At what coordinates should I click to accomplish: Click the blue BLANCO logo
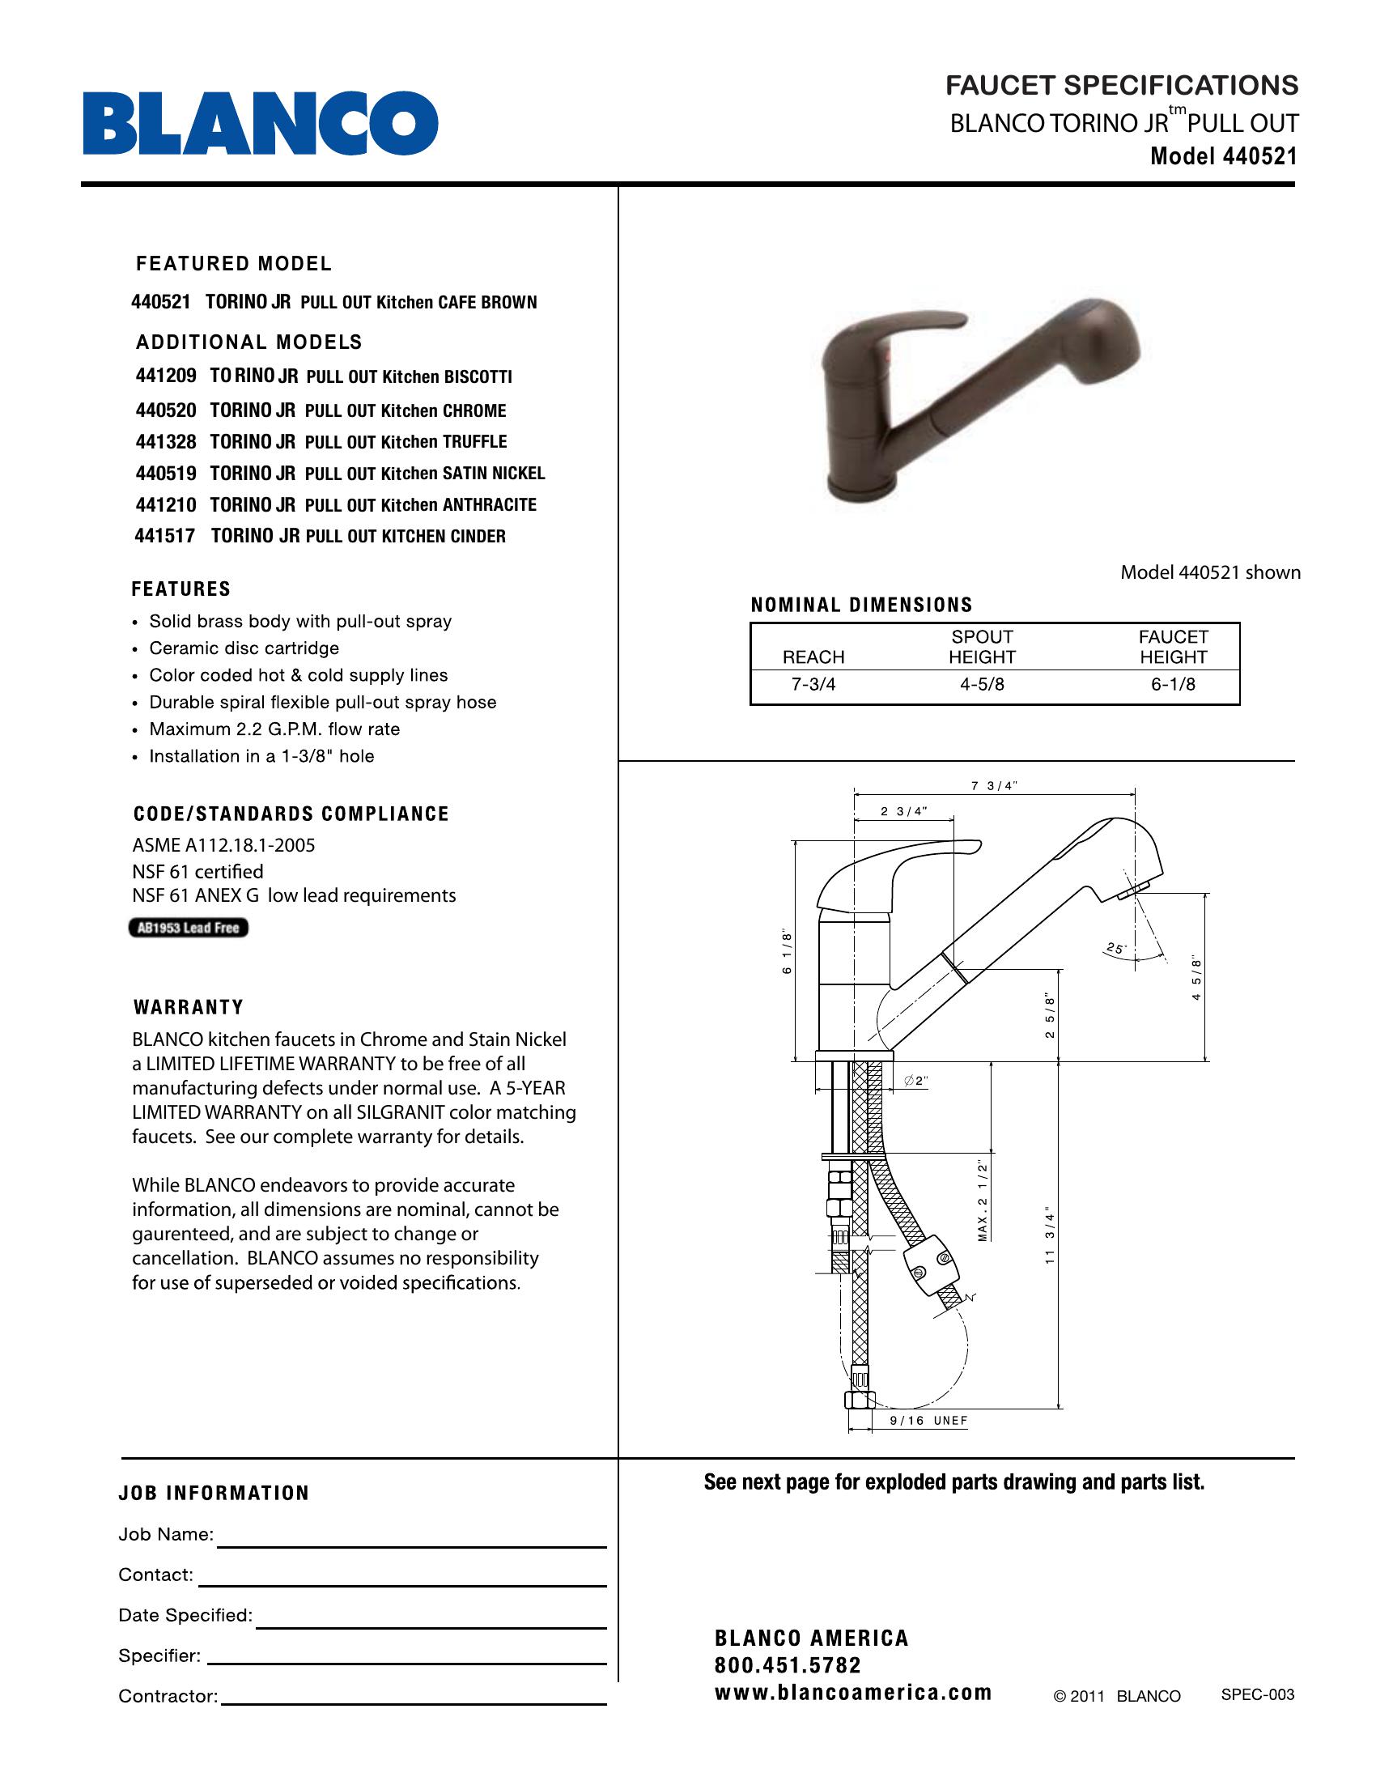click(260, 123)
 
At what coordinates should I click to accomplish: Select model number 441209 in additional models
click(166, 376)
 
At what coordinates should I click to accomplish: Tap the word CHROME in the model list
click(474, 411)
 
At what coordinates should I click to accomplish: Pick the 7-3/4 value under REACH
click(813, 684)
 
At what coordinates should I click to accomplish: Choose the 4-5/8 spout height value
click(982, 684)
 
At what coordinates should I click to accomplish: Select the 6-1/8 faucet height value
click(1173, 684)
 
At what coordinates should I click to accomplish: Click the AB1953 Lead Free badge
click(189, 928)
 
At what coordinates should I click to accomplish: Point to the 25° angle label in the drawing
click(1115, 949)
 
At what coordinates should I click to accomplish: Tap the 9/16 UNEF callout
click(928, 1421)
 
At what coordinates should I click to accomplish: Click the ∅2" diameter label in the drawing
click(917, 1082)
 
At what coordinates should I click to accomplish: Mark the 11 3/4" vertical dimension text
click(1050, 1235)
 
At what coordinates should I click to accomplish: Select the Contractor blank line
click(414, 1702)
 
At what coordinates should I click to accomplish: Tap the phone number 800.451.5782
click(788, 1665)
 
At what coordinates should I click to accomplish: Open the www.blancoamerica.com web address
click(852, 1693)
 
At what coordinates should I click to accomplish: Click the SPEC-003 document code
click(1257, 1694)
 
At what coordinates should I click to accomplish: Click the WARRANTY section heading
click(189, 1007)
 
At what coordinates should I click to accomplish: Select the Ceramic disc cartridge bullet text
click(244, 648)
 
